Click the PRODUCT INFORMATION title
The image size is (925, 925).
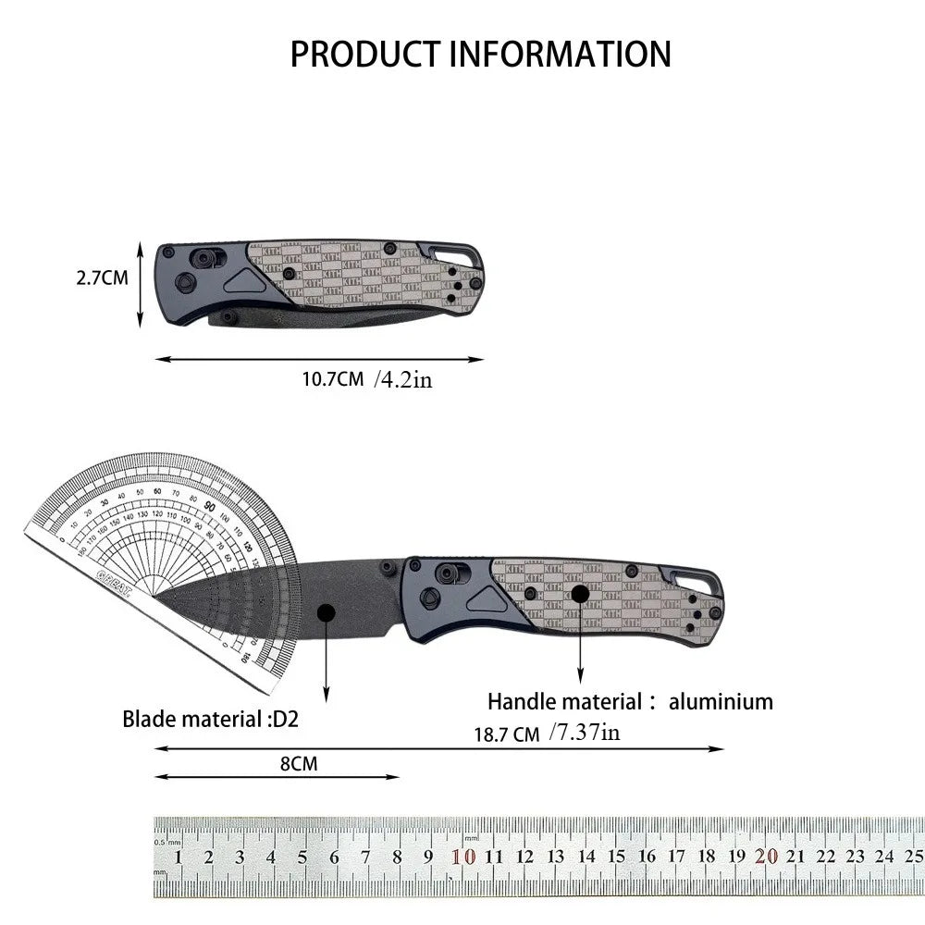tap(480, 54)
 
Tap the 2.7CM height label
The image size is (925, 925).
tap(102, 277)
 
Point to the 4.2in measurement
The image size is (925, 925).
tap(403, 379)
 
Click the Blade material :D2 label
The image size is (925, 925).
tap(211, 719)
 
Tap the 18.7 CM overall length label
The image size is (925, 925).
tap(506, 735)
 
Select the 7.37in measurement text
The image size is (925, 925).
tap(584, 734)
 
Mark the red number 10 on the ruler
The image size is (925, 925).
tap(463, 857)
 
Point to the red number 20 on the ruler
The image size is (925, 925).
tap(765, 857)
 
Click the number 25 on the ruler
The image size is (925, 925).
tap(913, 857)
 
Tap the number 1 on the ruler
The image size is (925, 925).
tap(178, 857)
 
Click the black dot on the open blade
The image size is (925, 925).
tap(325, 612)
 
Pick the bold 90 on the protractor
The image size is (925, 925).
tap(210, 506)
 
